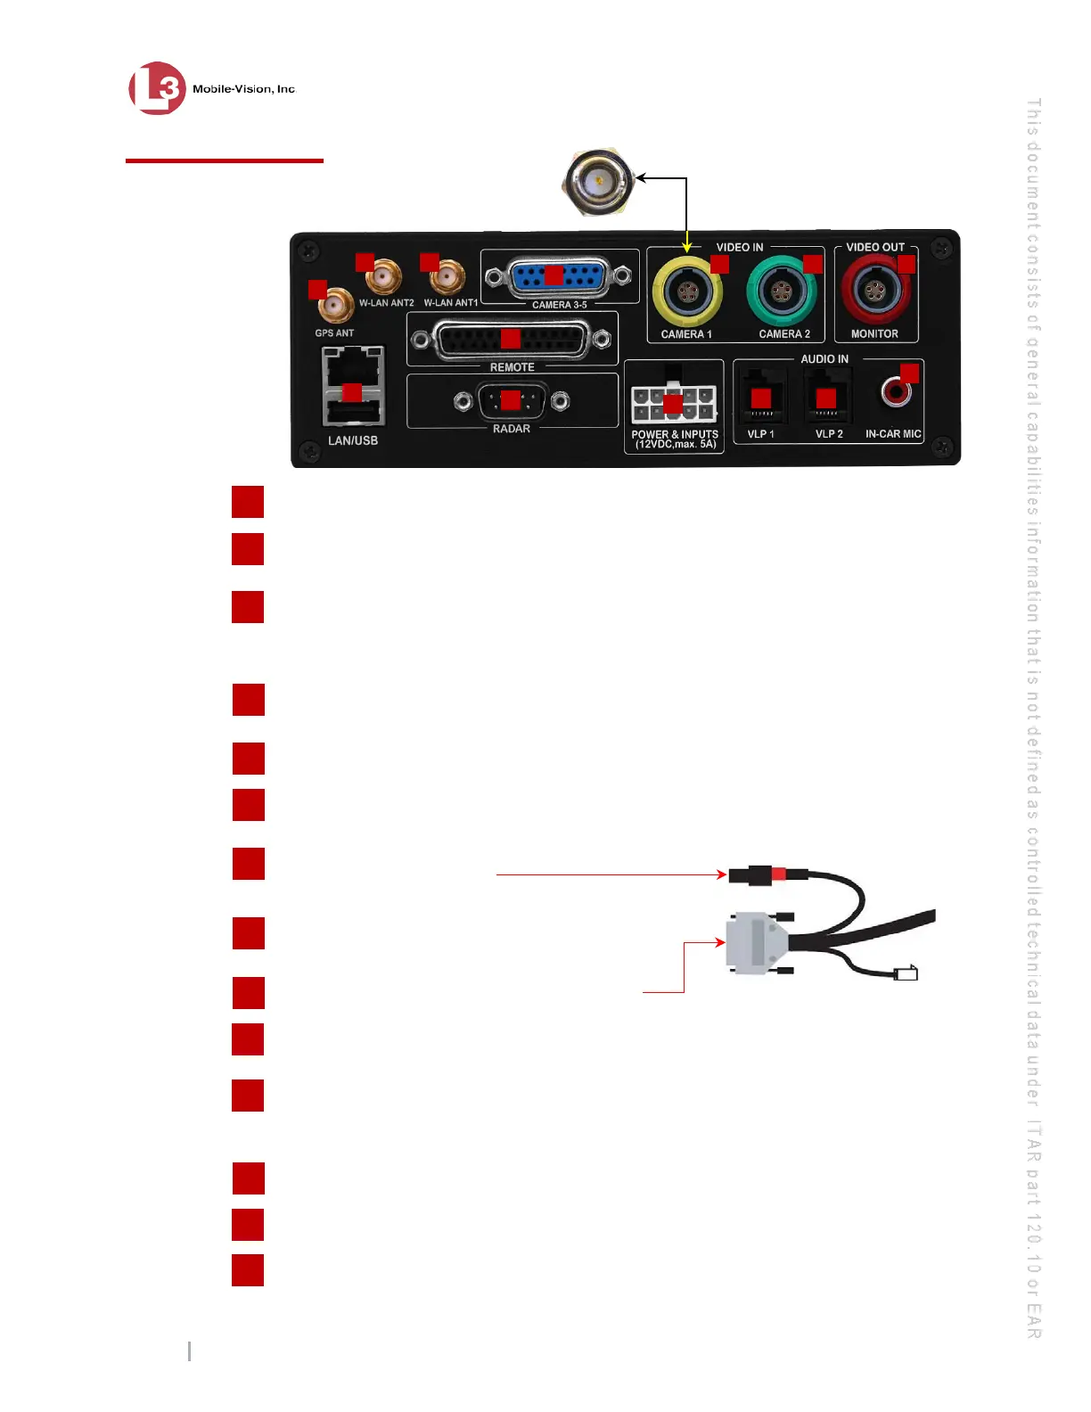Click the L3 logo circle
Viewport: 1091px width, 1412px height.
click(157, 88)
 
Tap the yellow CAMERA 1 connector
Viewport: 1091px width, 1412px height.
click(687, 291)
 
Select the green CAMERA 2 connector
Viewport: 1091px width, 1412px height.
click(782, 291)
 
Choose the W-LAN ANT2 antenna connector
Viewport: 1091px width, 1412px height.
click(384, 278)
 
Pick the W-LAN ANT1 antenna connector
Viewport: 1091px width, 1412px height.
click(447, 278)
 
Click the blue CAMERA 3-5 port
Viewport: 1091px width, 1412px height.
click(559, 276)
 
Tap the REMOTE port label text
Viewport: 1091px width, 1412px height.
click(512, 367)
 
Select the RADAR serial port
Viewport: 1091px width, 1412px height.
click(511, 401)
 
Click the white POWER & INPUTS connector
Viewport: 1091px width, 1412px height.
click(673, 404)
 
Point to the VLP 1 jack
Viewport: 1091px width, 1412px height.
click(760, 398)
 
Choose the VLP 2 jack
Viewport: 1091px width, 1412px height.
click(827, 398)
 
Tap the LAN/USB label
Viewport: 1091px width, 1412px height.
click(353, 440)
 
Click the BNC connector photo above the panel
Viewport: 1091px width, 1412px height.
click(598, 183)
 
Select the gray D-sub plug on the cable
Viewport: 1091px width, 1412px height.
click(756, 942)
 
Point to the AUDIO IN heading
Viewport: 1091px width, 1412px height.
click(824, 359)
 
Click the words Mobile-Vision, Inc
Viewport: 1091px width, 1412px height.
click(243, 89)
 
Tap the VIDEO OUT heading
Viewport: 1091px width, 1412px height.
click(875, 247)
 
